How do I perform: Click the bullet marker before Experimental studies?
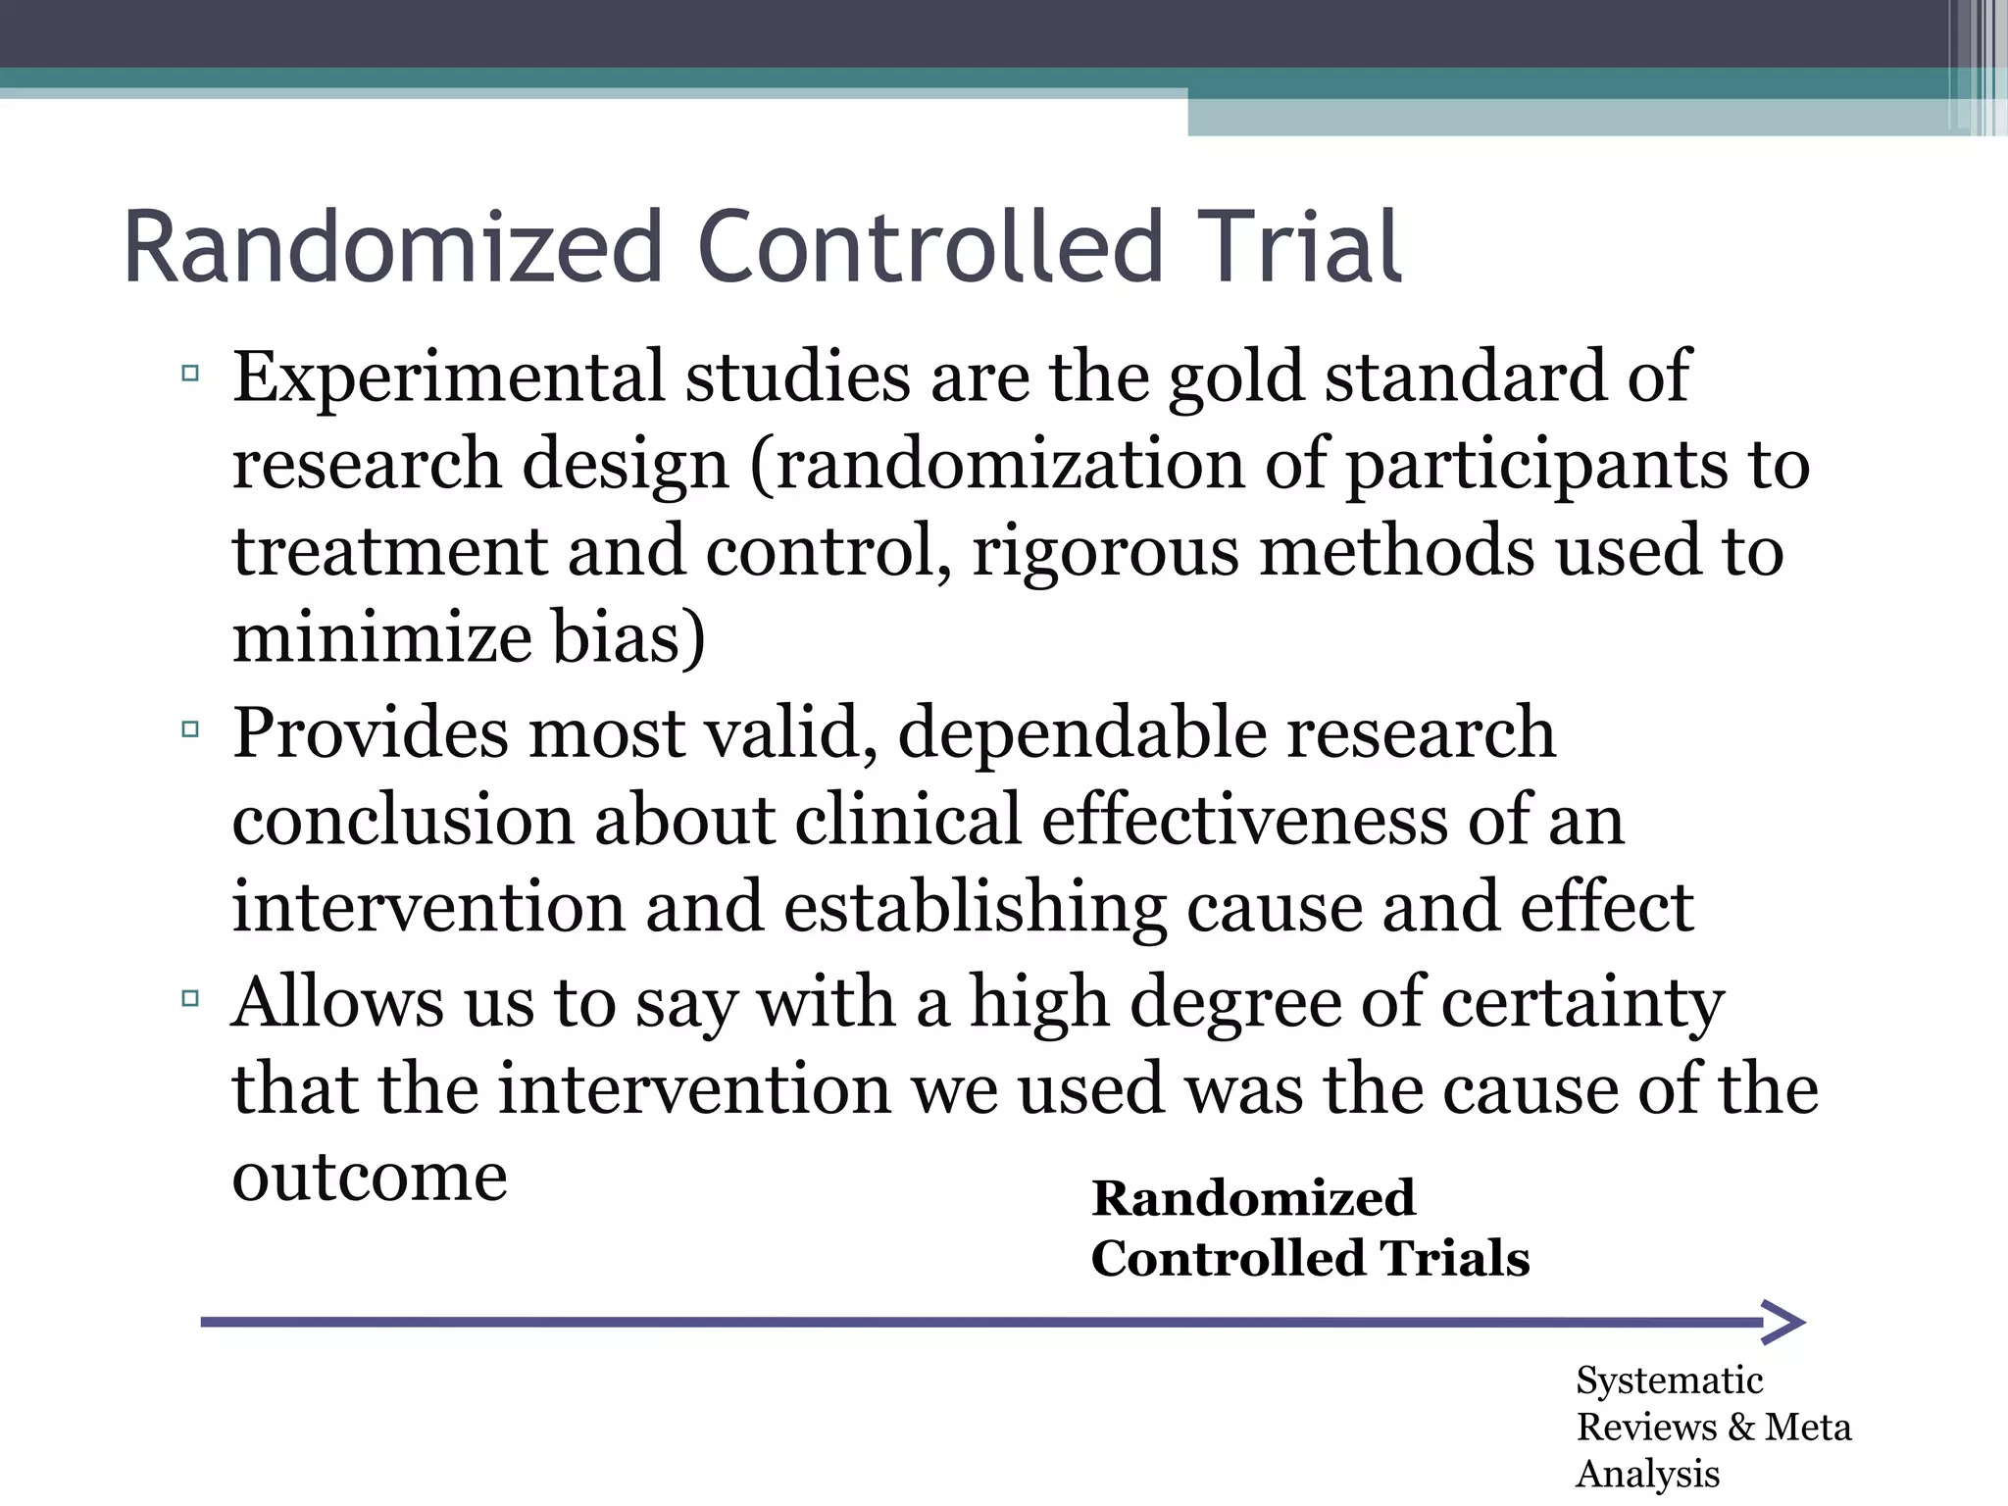pos(190,373)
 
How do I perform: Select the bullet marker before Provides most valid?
pos(190,729)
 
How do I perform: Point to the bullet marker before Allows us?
pos(190,999)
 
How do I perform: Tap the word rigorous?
pos(1106,551)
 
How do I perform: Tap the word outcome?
pos(370,1177)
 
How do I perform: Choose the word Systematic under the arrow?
pos(1669,1380)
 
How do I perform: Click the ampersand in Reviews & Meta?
pos(1741,1427)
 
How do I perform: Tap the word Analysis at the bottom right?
pos(1647,1474)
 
